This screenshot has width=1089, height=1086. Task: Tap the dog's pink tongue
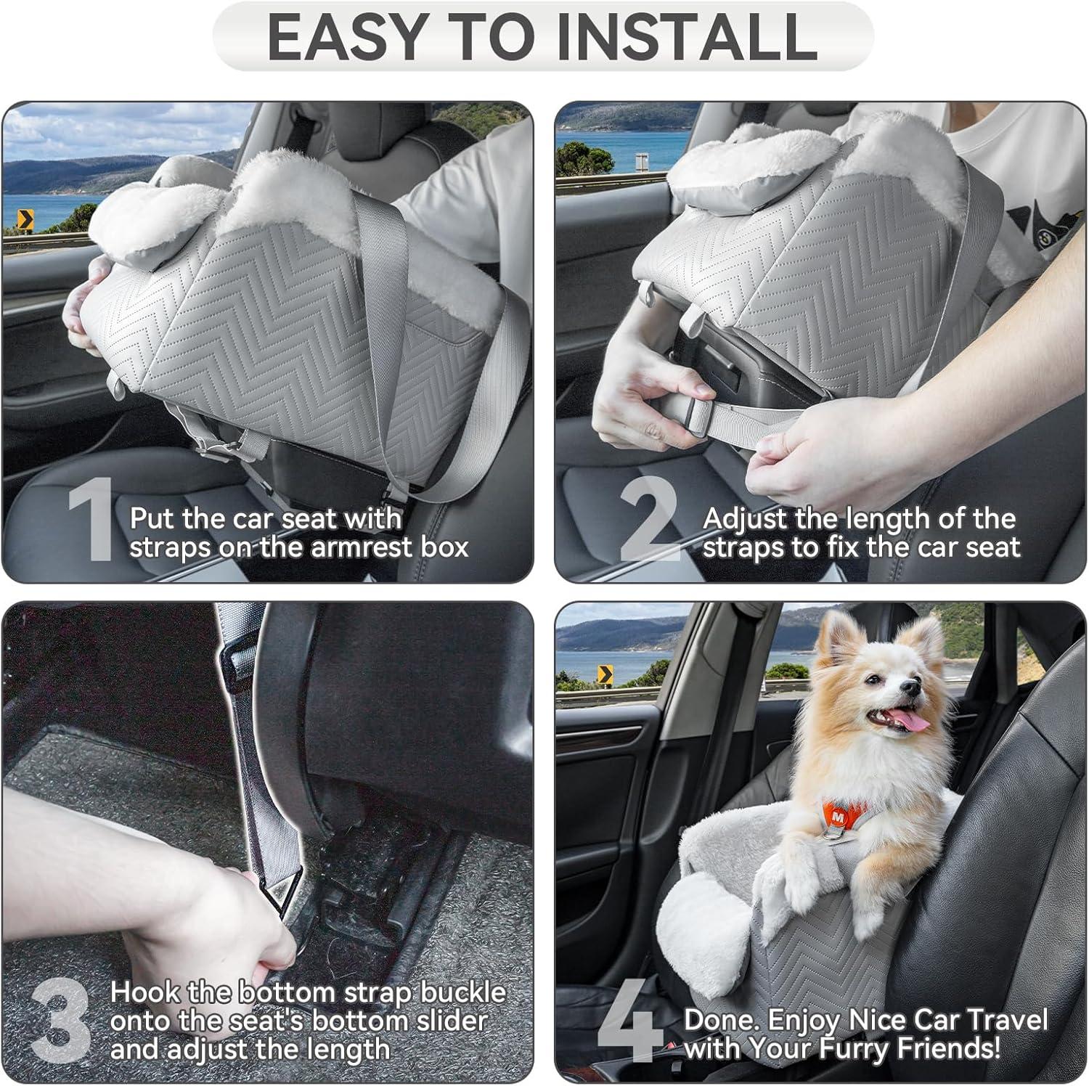click(908, 721)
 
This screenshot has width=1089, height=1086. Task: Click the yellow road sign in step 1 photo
click(25, 217)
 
